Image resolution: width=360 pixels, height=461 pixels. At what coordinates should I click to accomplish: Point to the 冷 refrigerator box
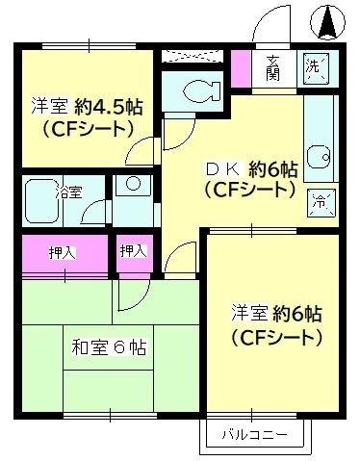pos(318,202)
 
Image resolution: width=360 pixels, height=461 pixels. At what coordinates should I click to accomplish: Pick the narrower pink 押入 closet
pos(133,251)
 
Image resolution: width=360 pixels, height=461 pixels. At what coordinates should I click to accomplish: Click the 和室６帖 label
pos(109,348)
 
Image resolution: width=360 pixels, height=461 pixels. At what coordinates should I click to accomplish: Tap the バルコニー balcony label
pos(254,435)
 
